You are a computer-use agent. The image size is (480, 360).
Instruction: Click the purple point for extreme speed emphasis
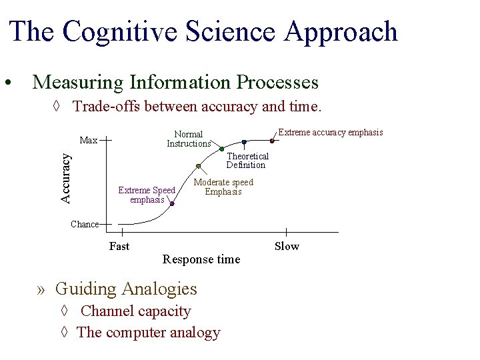pos(171,204)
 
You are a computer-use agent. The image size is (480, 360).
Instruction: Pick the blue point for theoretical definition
pos(244,142)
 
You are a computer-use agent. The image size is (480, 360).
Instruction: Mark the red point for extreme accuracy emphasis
pos(272,141)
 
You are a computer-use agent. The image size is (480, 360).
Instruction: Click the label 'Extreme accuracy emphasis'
pos(330,133)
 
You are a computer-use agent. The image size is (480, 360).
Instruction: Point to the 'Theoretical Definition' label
pos(247,161)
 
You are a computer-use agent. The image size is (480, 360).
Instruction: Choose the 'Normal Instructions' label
pos(189,139)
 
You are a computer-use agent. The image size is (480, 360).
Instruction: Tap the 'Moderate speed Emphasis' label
pos(223,187)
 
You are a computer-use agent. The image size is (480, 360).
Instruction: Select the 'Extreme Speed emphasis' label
pos(147,195)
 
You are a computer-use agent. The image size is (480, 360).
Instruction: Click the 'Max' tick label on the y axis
pos(89,141)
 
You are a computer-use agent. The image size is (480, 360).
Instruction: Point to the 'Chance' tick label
pos(85,225)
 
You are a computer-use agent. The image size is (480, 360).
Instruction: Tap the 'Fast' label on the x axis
pos(119,247)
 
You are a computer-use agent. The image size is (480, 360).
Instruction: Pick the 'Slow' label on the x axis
pos(287,247)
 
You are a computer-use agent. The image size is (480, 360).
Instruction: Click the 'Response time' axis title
pos(201,259)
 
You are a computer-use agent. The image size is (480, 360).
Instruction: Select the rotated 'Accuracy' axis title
pos(65,177)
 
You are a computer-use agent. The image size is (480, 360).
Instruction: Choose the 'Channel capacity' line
pos(135,311)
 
